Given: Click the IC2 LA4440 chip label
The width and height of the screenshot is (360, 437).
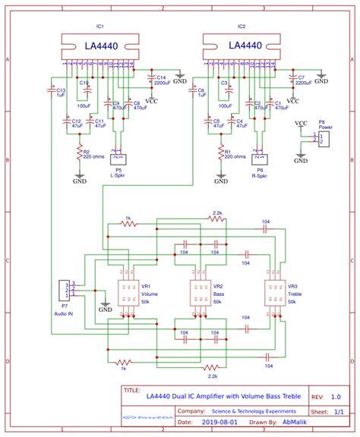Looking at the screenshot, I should coord(245,46).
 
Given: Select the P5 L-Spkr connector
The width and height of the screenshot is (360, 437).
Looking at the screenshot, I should coord(118,161).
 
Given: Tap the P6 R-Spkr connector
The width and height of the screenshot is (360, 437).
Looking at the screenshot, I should coord(260,161).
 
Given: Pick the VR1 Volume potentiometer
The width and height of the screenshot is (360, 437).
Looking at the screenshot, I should coord(126,294).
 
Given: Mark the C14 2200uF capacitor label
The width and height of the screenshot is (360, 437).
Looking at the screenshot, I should coord(161,80).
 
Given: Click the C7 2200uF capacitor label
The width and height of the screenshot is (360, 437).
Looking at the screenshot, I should coord(302,80).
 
